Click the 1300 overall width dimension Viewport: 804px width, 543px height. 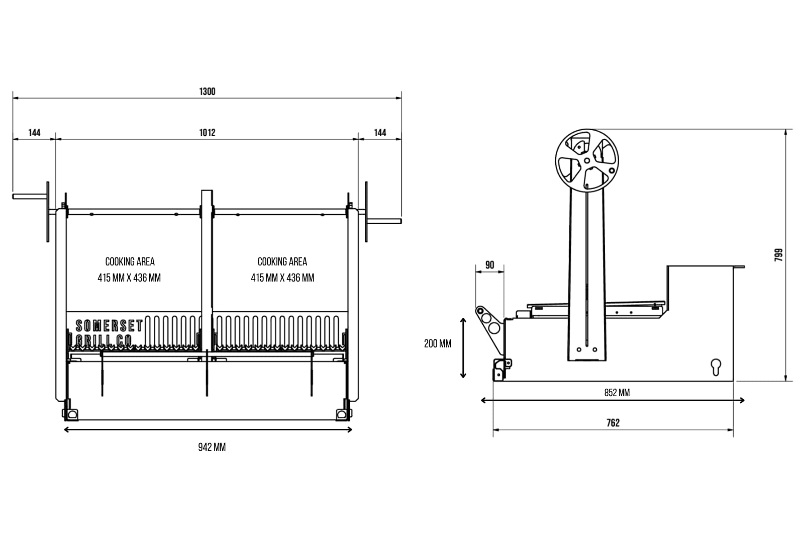tap(207, 91)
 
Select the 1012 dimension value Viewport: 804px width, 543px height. tap(207, 132)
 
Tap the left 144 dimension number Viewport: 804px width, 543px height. tap(34, 132)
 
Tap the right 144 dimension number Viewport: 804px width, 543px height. tap(380, 132)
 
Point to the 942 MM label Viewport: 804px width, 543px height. tap(212, 447)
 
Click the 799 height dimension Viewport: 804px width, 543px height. tap(778, 255)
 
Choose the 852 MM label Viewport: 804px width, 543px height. tap(617, 393)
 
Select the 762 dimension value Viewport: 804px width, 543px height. tap(613, 423)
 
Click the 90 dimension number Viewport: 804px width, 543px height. tap(490, 265)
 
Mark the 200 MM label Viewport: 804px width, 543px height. tap(438, 343)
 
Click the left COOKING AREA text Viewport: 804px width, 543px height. tap(130, 261)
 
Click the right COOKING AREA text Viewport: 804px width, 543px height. tap(282, 261)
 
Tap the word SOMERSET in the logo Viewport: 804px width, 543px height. tap(109, 326)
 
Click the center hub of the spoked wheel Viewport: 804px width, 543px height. tap(587, 161)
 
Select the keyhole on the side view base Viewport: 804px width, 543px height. tap(716, 367)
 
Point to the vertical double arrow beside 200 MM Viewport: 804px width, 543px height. tap(463, 347)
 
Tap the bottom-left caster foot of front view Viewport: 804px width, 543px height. tap(71, 414)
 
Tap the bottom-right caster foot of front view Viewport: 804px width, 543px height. tap(343, 414)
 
